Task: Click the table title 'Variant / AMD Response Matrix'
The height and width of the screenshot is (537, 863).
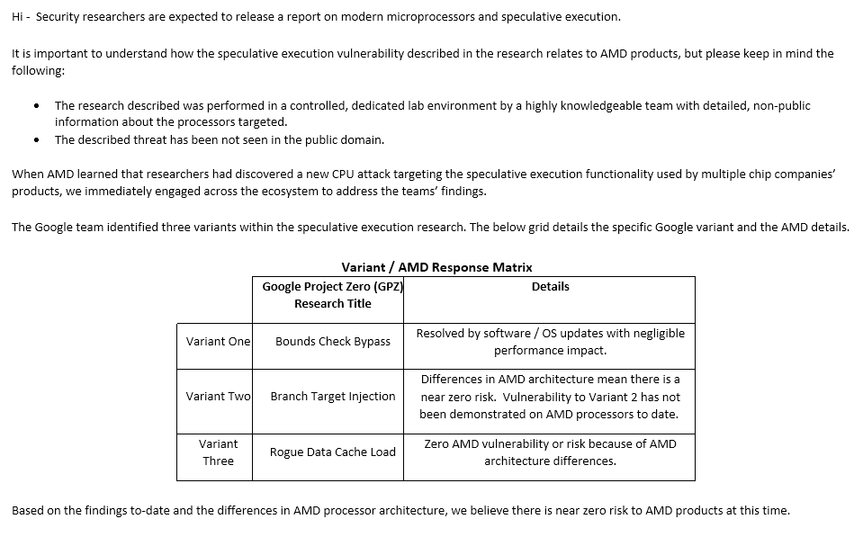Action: [436, 267]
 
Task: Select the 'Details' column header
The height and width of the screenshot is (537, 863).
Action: [550, 286]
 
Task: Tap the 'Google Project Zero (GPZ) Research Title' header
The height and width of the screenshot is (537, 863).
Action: [332, 295]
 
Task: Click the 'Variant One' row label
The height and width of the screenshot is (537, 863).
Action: [218, 342]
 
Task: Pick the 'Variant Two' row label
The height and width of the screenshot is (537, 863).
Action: [218, 397]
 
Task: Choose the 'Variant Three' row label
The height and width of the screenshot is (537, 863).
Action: [218, 452]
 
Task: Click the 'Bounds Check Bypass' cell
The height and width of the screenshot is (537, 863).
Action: [333, 342]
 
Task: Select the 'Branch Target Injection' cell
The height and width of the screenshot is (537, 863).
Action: [333, 397]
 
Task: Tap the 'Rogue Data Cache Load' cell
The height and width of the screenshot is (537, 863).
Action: [333, 452]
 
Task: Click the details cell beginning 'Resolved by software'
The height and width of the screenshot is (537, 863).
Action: [550, 342]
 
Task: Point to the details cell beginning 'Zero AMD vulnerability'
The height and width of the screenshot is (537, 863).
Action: [550, 452]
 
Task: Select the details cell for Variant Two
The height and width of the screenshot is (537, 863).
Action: [550, 397]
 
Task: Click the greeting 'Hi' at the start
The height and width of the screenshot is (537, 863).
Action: [17, 17]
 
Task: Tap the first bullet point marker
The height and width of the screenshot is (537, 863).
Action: [36, 106]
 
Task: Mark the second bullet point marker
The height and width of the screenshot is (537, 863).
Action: [36, 140]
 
